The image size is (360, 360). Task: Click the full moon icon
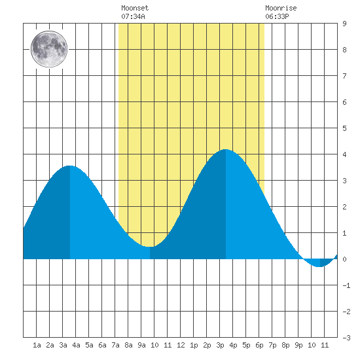click(49, 49)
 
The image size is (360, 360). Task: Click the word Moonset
click(135, 8)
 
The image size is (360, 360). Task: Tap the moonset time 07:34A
click(133, 16)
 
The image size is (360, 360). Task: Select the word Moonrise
click(281, 8)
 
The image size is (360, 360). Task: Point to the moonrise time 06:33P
click(277, 16)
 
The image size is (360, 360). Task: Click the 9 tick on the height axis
click(344, 24)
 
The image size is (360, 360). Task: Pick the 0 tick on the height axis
click(344, 259)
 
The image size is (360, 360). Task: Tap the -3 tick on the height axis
click(346, 338)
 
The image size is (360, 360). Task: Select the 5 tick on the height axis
click(344, 128)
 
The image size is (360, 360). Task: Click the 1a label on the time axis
click(37, 345)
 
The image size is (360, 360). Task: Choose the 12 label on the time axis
click(181, 345)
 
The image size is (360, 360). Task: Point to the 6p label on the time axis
click(259, 345)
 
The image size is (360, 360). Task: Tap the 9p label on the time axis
click(298, 345)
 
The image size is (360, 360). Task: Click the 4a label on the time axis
click(76, 345)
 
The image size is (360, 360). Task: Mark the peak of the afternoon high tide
click(225, 149)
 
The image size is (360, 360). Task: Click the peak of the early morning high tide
click(70, 166)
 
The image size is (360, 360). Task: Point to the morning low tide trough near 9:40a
click(150, 247)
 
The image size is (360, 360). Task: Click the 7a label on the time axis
click(115, 345)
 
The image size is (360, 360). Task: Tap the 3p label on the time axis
click(220, 345)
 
